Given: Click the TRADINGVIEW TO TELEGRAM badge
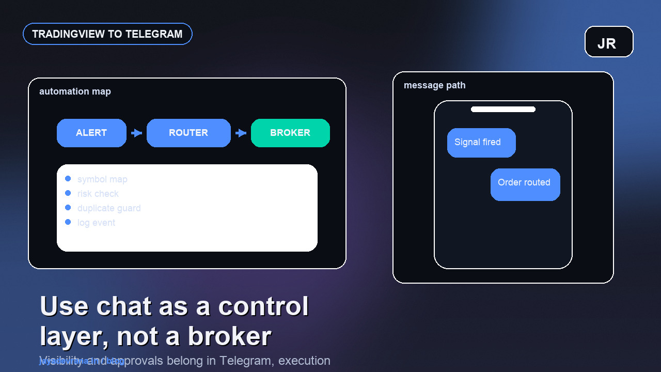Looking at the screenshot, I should click(107, 34).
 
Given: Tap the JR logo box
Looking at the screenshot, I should click(609, 42).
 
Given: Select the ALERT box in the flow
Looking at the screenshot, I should click(91, 133).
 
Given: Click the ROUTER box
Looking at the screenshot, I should click(188, 133).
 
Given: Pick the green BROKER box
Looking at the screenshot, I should click(290, 133).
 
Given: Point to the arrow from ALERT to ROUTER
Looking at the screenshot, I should click(136, 133).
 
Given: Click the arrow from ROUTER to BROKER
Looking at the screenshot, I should click(241, 133).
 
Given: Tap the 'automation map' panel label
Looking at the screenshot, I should click(75, 91).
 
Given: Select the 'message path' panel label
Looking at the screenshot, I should click(434, 85).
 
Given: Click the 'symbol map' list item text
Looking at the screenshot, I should click(102, 179).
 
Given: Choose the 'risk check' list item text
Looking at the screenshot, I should click(98, 194).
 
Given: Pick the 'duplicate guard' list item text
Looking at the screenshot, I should click(109, 208).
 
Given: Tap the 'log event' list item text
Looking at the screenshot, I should click(96, 223).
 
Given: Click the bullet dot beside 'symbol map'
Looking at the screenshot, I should click(68, 179).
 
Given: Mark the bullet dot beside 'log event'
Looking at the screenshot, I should click(68, 222).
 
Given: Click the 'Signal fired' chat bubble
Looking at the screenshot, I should click(481, 143).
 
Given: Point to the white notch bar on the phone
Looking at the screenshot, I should click(503, 109).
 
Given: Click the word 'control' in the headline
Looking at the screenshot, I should click(263, 306).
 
